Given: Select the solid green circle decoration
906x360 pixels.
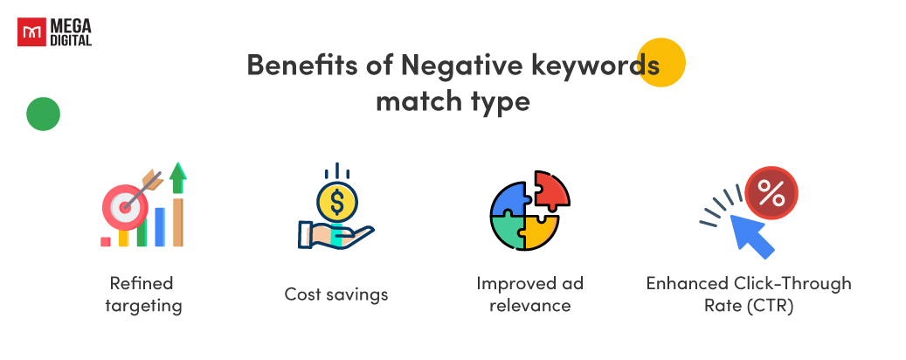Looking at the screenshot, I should tap(43, 114).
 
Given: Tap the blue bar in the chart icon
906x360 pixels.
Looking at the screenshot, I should tap(160, 225).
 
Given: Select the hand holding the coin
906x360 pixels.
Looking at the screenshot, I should tap(332, 234).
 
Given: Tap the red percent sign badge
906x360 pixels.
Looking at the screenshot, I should tap(771, 193).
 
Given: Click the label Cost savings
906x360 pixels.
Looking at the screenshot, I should tap(336, 294).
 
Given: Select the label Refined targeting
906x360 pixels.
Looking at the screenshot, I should tap(142, 294).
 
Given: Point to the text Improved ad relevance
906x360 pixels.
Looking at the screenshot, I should tap(529, 294).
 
